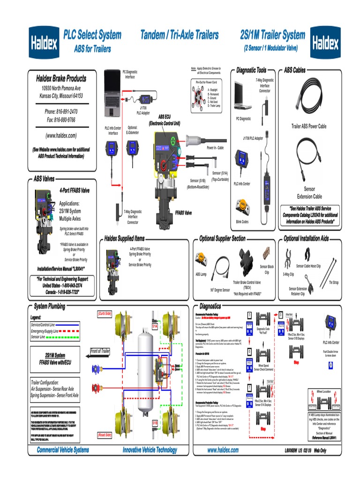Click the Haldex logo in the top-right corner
tap(325, 43)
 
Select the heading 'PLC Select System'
tap(92, 35)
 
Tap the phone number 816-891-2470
tap(61, 112)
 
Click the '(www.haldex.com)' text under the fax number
tap(61, 135)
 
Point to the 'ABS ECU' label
tap(165, 117)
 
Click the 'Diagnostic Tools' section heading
tap(251, 70)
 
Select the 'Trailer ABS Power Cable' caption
tap(309, 127)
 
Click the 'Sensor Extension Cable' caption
tap(309, 193)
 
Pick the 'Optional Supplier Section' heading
tap(222, 239)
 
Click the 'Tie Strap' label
tap(334, 282)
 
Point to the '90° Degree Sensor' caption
tap(220, 290)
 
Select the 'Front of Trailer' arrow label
tap(100, 351)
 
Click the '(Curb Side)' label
tap(104, 313)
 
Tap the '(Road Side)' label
tap(104, 435)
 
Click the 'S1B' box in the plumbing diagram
tap(155, 423)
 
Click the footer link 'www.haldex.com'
tap(223, 450)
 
